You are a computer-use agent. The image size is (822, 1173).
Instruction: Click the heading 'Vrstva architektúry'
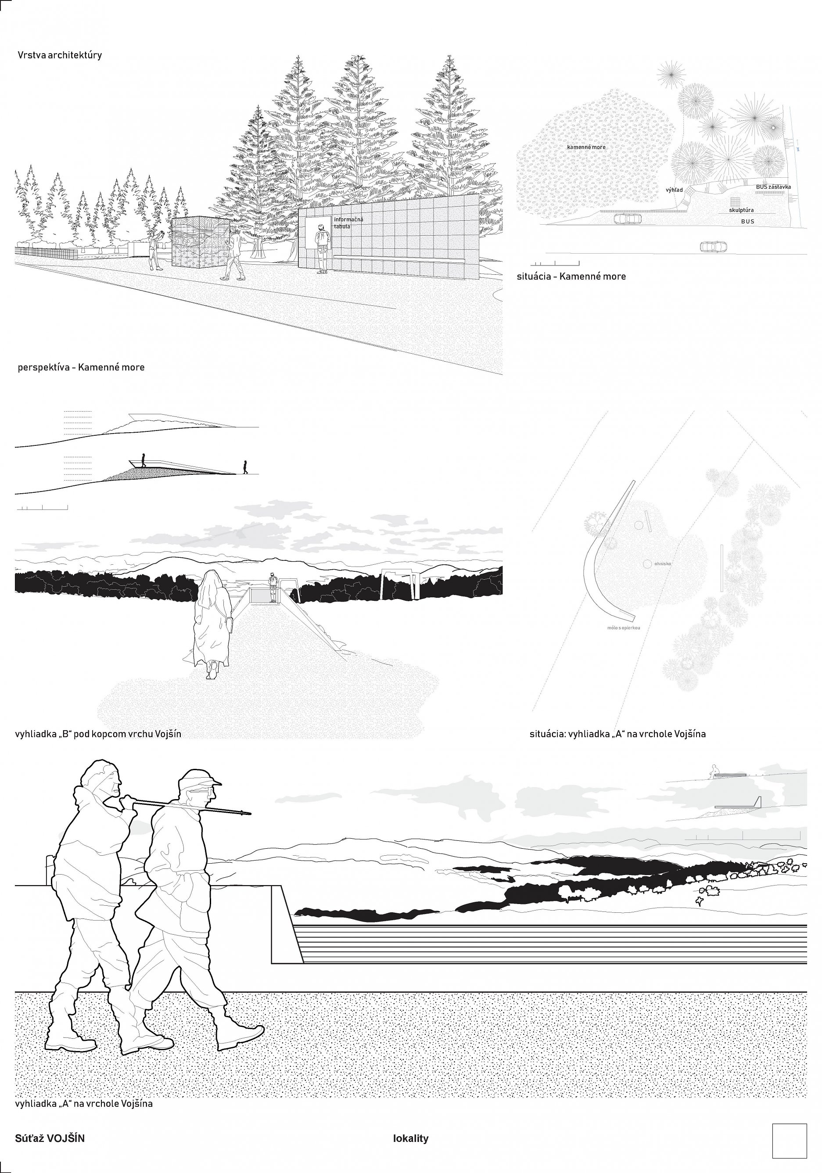coord(60,55)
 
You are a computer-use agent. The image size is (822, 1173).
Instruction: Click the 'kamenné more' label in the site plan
coord(586,147)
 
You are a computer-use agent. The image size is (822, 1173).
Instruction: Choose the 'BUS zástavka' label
coord(773,187)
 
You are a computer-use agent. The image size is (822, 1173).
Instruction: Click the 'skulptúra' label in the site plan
coord(741,210)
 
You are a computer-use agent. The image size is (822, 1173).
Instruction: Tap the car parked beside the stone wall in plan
coord(627,218)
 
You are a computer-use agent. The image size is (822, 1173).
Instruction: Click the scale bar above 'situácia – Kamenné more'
coord(555,264)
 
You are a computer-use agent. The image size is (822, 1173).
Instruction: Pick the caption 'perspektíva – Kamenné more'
coord(81,367)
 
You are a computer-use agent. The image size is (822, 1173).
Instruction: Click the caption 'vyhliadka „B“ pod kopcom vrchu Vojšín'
coord(98,734)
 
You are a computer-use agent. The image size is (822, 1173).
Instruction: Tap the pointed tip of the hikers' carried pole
coord(249,812)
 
